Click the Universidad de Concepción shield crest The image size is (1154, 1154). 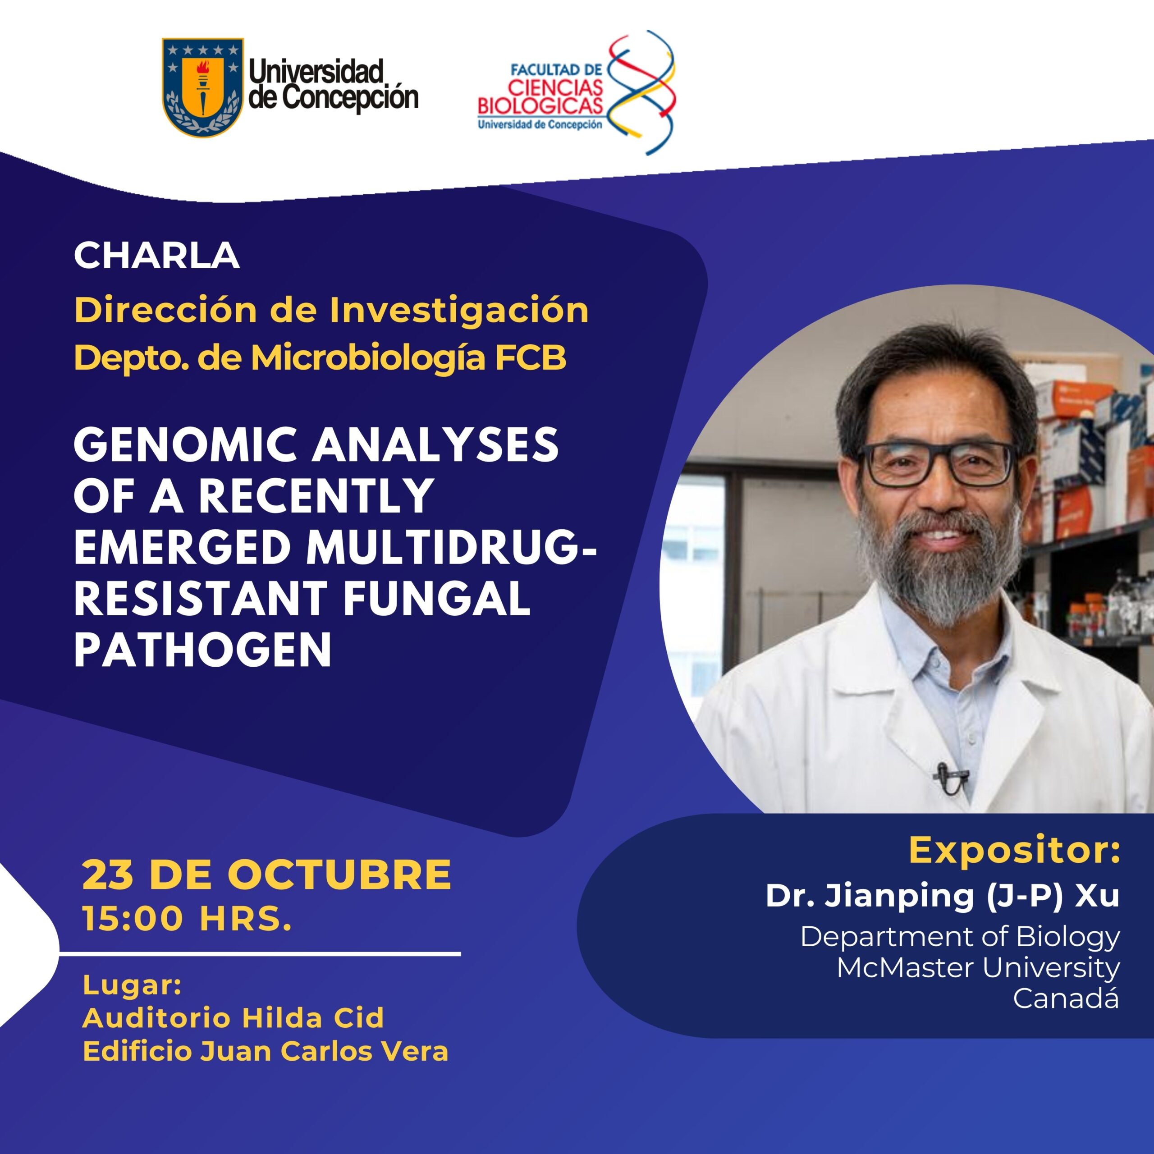point(203,87)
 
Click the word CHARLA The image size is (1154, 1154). point(156,256)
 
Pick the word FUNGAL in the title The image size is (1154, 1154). point(437,599)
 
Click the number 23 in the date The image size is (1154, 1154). point(108,875)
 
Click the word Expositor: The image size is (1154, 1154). point(1014,851)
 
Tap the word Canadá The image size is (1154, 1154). point(1066,998)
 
